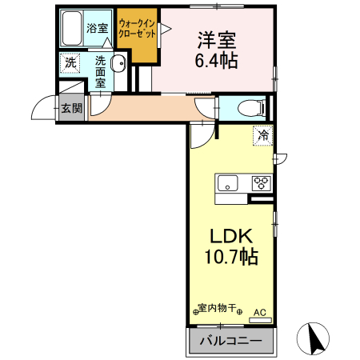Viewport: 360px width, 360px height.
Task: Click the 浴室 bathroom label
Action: pos(98,26)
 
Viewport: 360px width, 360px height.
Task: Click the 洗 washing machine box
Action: pos(70,62)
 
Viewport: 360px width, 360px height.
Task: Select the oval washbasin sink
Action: pos(119,65)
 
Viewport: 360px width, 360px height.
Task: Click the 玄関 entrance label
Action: pos(70,108)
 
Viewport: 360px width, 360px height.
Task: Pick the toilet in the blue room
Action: pos(247,106)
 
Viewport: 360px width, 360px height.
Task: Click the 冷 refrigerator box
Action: pos(262,136)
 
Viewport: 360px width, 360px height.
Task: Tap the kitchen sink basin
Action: pos(229,183)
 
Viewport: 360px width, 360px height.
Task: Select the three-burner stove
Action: pos(261,182)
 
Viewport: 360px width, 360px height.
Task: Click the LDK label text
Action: pos(231,236)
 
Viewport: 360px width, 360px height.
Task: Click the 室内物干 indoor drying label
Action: pos(218,308)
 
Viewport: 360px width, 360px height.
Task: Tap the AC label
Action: pos(259,312)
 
